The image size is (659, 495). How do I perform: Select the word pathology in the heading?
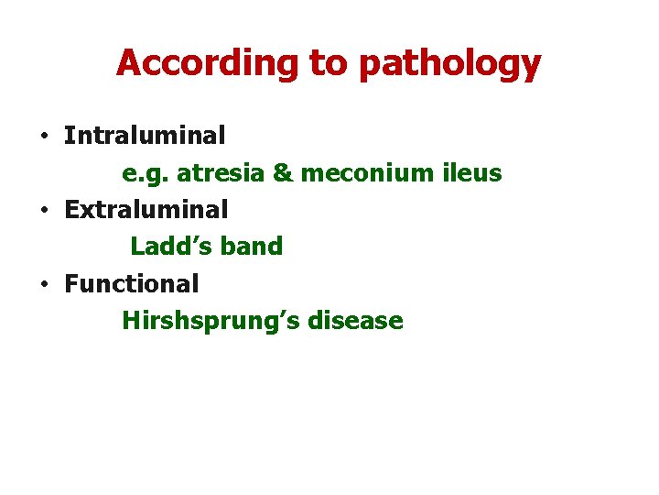[450, 63]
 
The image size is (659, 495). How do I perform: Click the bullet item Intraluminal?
[145, 136]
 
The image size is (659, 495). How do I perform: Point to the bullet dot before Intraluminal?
[44, 137]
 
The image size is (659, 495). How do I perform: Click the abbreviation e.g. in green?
[146, 173]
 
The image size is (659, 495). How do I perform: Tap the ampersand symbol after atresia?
[284, 173]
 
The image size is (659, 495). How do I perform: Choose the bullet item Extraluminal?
[146, 210]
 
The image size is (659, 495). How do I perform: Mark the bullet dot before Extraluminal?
[44, 211]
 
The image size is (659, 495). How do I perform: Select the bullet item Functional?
[131, 284]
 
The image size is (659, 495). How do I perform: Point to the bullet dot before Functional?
[44, 285]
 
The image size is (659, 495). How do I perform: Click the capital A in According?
[129, 63]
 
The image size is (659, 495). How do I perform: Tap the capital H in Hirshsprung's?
[130, 321]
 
